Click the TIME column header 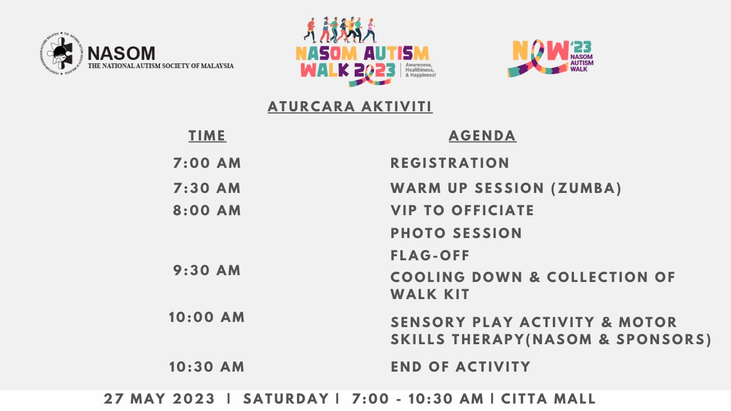pyautogui.click(x=207, y=136)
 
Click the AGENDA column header pyautogui.click(x=483, y=136)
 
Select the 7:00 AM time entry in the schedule pyautogui.click(x=207, y=163)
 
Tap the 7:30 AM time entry pyautogui.click(x=207, y=188)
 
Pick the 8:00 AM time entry pyautogui.click(x=207, y=211)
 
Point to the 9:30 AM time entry pyautogui.click(x=207, y=271)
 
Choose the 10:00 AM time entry pyautogui.click(x=207, y=317)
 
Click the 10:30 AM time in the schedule pyautogui.click(x=207, y=367)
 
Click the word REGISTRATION pyautogui.click(x=449, y=163)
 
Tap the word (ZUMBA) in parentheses pyautogui.click(x=587, y=188)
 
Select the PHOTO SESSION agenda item pyautogui.click(x=456, y=233)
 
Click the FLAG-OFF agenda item pyautogui.click(x=430, y=255)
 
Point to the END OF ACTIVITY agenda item pyautogui.click(x=460, y=367)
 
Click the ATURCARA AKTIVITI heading pyautogui.click(x=350, y=107)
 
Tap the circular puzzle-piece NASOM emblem pyautogui.click(x=61, y=54)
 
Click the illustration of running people pyautogui.click(x=340, y=30)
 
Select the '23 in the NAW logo pyautogui.click(x=581, y=47)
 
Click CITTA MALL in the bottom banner pyautogui.click(x=548, y=399)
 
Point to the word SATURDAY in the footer pyautogui.click(x=286, y=399)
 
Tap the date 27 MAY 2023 pyautogui.click(x=159, y=399)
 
